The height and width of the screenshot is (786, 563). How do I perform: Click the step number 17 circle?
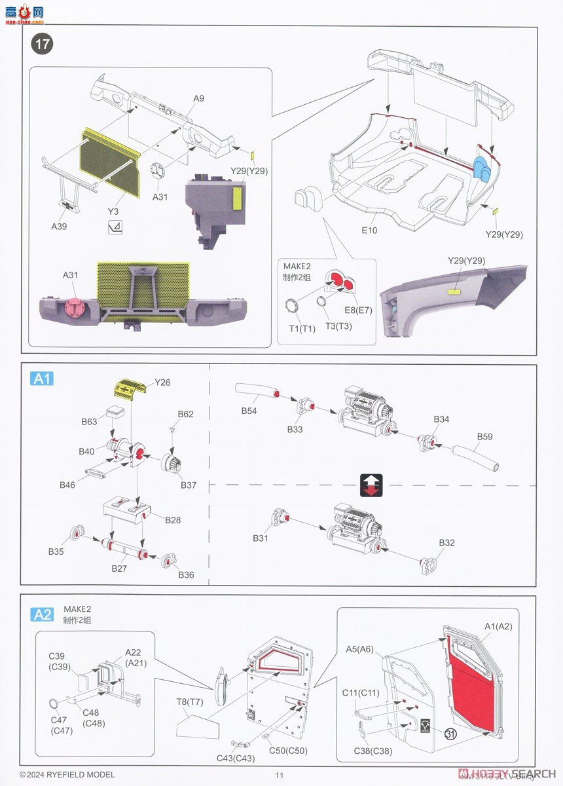tap(43, 45)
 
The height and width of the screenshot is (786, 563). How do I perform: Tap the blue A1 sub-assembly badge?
tap(43, 379)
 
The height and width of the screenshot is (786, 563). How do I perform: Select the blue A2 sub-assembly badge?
tap(43, 614)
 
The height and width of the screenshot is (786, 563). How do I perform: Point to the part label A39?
tap(60, 226)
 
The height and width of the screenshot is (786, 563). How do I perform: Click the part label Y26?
tap(162, 382)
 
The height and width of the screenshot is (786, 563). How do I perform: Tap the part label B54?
tap(249, 411)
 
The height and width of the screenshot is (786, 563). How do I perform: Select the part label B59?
tap(484, 436)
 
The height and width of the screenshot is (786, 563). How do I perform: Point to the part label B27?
tap(118, 569)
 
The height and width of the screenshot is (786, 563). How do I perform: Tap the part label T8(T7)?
tap(189, 702)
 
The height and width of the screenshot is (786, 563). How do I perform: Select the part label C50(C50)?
tap(287, 750)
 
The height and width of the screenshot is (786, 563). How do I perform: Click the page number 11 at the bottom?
tap(280, 775)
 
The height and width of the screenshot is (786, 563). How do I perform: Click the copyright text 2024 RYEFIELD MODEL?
tap(67, 775)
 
